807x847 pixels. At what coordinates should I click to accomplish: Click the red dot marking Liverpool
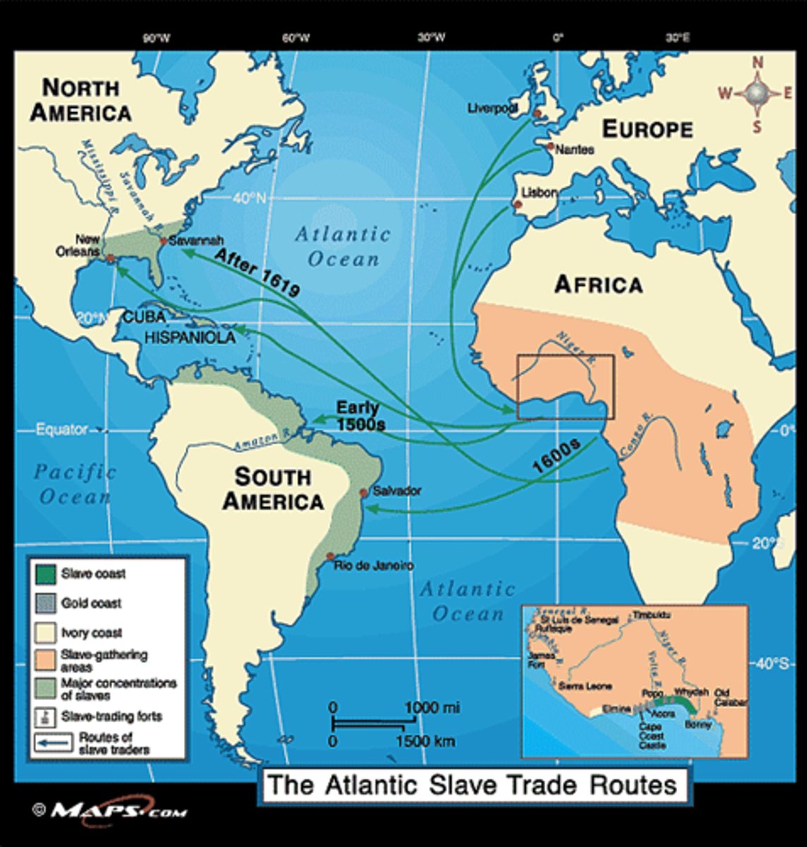pos(537,113)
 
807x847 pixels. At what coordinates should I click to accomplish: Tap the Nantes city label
pos(574,150)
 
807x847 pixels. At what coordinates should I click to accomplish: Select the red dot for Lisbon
pos(518,205)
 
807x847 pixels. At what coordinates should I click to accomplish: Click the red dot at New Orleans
pos(110,258)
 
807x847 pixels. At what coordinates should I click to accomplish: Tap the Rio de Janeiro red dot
pos(329,557)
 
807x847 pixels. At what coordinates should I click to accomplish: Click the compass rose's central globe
pos(757,93)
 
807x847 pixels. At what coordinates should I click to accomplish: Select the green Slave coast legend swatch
pos(44,574)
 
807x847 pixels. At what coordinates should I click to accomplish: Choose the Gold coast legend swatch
pos(44,603)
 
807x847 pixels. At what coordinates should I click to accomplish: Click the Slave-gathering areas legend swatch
pos(44,659)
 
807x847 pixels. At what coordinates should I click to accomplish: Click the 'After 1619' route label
pos(257,272)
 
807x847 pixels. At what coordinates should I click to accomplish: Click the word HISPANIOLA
pos(190,338)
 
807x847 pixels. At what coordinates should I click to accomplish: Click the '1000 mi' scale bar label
pos(432,707)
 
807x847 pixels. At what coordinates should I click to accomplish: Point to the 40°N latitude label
pos(248,198)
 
